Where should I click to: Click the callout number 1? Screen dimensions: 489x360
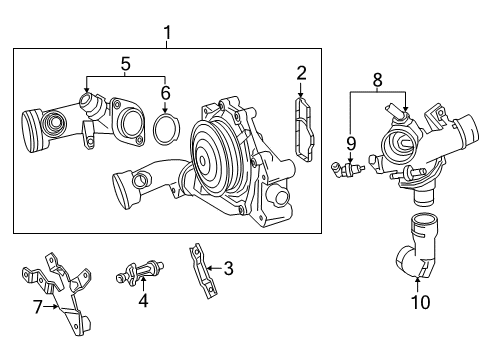point(167,33)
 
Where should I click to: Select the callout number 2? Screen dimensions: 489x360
point(301,73)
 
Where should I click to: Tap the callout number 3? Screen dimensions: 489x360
point(228,268)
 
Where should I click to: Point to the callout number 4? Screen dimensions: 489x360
point(143,300)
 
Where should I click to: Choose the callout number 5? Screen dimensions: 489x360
point(125,64)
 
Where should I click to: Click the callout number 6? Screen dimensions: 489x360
point(166,93)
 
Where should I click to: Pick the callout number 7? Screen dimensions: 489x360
point(38,307)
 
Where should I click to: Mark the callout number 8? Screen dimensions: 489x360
point(377,80)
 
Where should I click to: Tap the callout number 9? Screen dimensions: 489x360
point(351,143)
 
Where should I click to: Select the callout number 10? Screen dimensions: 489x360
point(421,302)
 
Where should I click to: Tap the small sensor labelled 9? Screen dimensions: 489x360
point(347,169)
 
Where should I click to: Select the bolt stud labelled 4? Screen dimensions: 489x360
point(140,271)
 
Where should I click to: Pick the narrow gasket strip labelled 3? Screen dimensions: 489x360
point(203,271)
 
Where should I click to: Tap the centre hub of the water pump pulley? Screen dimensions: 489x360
point(202,161)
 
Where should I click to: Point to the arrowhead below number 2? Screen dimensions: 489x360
point(301,95)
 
